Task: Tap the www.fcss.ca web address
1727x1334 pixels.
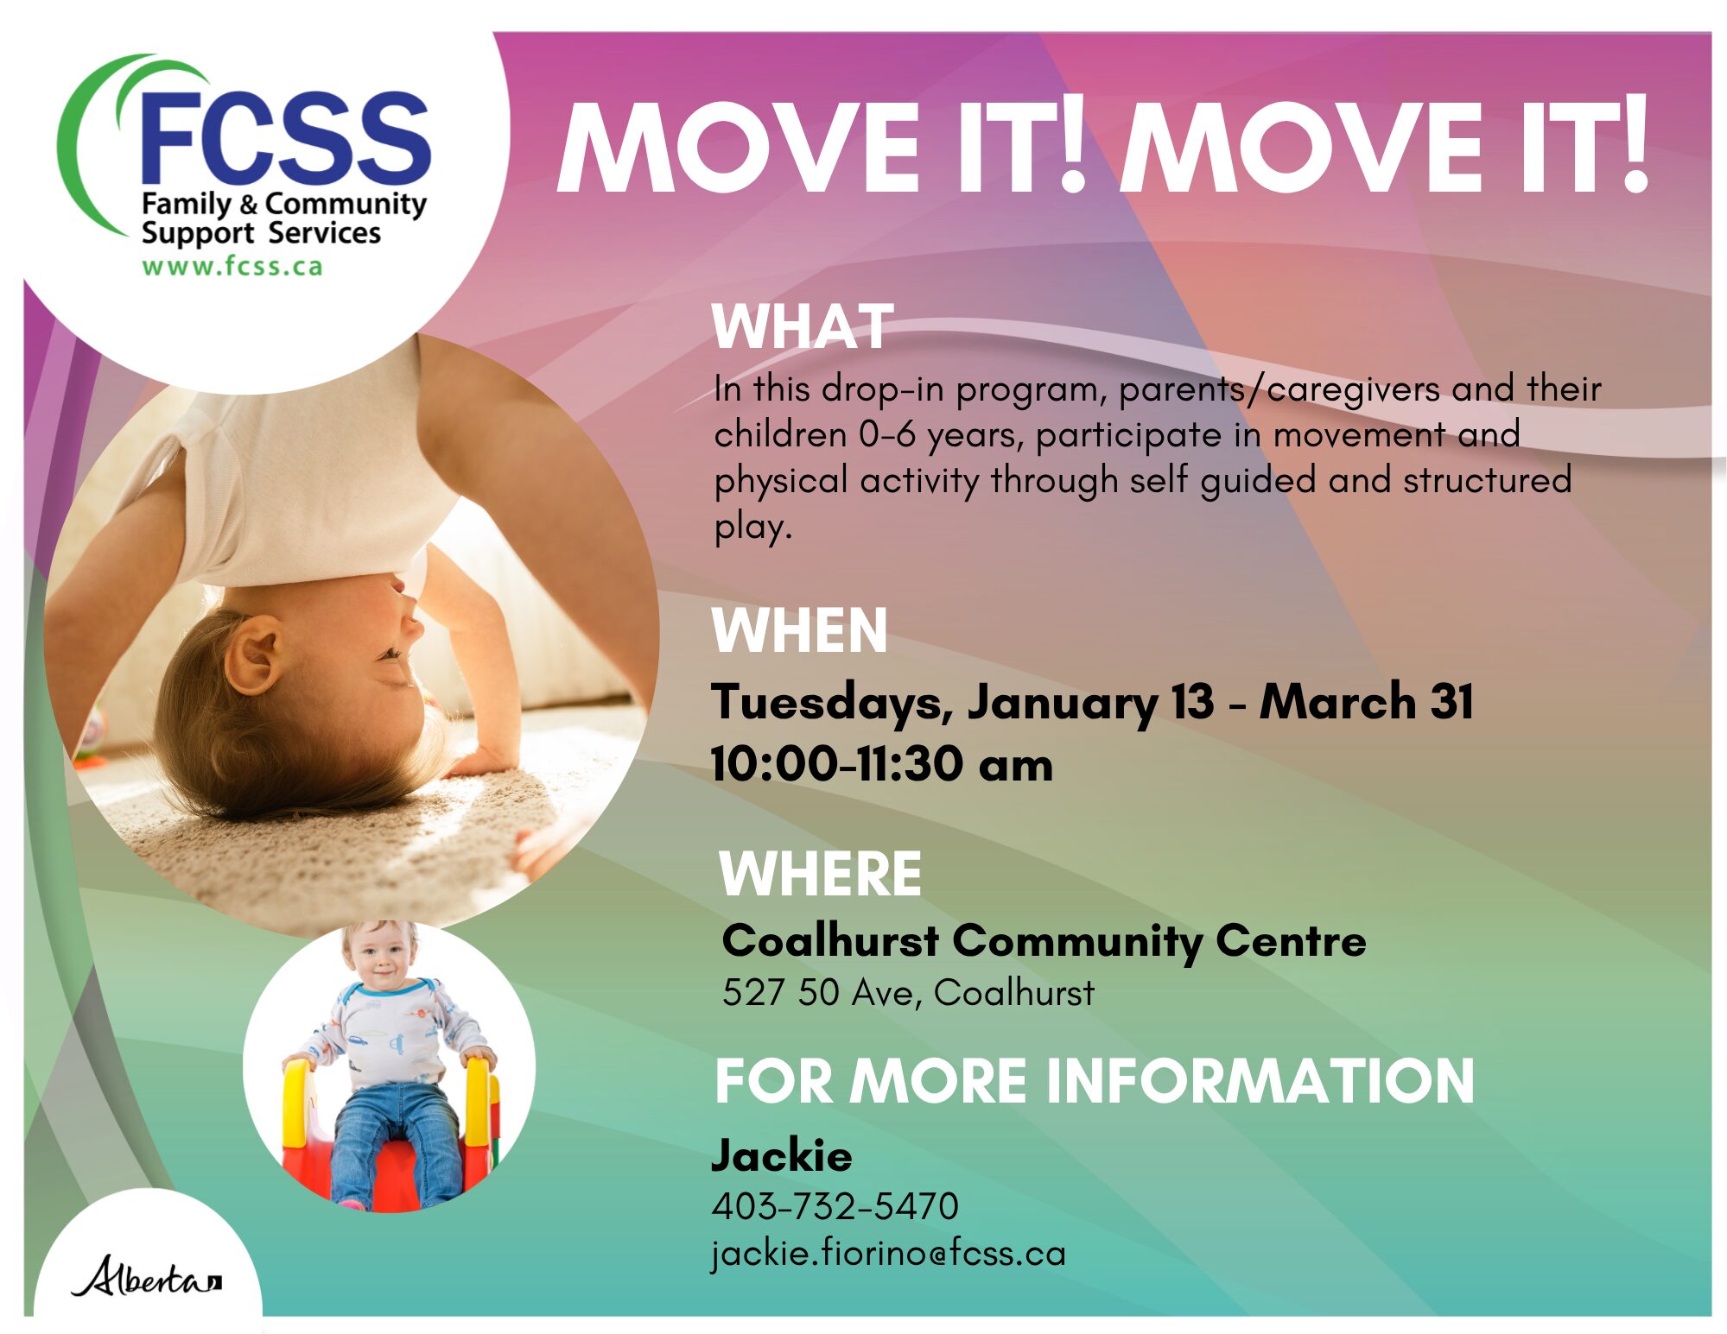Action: tap(232, 266)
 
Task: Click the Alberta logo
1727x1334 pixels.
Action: tap(146, 1276)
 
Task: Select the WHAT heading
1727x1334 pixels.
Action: tap(802, 326)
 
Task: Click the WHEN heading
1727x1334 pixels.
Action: tap(799, 630)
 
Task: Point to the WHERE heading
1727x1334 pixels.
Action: tap(820, 874)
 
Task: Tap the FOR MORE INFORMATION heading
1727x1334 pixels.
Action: tap(1094, 1081)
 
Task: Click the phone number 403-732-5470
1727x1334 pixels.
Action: tap(835, 1206)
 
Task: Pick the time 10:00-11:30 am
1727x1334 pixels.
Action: tap(881, 764)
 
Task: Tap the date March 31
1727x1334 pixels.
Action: tap(1367, 700)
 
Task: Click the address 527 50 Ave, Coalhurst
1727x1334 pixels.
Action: tap(908, 993)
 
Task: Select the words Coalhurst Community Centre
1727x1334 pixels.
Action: tap(1044, 941)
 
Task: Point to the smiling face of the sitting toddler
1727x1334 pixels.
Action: tap(381, 960)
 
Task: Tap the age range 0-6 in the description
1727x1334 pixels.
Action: tap(886, 434)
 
